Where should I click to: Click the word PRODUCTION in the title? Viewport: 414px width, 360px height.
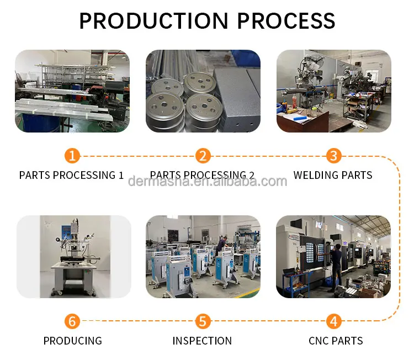154,20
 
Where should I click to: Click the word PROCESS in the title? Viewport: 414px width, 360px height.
286,20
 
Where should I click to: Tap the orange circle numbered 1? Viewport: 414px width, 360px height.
72,156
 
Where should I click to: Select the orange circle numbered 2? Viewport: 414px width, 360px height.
203,156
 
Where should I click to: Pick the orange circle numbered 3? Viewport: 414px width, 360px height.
333,156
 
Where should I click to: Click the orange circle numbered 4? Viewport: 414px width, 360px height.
333,321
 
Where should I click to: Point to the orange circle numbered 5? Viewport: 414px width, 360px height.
203,321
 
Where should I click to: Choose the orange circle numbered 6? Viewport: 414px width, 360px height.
72,321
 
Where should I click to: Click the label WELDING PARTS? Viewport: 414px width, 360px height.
333,176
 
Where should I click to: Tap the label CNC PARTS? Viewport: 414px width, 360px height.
336,341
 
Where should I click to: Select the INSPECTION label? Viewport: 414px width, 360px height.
202,341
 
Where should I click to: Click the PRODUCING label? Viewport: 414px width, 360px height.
73,341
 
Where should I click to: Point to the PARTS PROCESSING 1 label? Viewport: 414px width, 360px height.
72,176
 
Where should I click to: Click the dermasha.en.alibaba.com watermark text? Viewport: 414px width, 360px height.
208,182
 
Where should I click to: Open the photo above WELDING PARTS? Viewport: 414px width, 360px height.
333,91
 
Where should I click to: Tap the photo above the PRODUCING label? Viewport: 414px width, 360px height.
73,257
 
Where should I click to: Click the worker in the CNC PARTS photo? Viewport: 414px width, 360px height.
335,265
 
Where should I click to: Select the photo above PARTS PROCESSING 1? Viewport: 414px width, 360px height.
72,91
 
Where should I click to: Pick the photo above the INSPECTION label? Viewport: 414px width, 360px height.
203,257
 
